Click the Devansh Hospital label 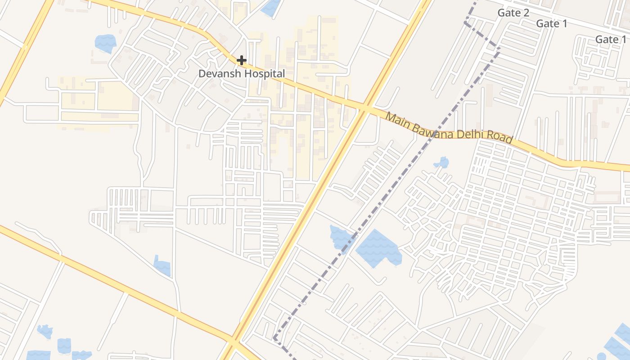coord(242,73)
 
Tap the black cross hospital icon coord(242,60)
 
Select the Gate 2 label coord(513,13)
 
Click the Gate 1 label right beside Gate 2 coord(552,24)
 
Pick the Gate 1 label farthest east coord(611,40)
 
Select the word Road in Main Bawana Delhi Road coord(500,138)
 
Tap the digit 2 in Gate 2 coord(526,13)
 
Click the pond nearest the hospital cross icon coord(270,7)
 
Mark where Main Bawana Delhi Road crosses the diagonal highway coord(366,109)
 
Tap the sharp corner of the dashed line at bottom coord(274,337)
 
